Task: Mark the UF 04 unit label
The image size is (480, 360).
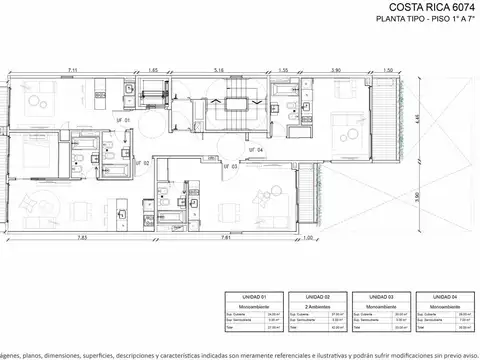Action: (x=257, y=150)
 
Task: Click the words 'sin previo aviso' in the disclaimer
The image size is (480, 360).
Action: (x=451, y=354)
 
